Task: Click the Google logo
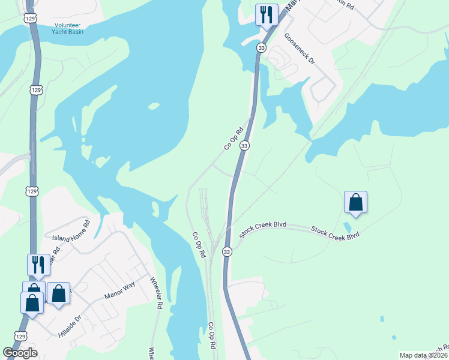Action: click(x=20, y=353)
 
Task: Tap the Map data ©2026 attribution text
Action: click(x=424, y=355)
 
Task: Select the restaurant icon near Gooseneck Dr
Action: click(x=266, y=14)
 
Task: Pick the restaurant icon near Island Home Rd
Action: click(x=38, y=264)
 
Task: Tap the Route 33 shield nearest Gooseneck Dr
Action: click(x=261, y=47)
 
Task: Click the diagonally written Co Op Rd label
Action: click(x=233, y=137)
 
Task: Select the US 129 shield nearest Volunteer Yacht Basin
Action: click(x=30, y=19)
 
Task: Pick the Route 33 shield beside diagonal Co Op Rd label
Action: click(x=244, y=146)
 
